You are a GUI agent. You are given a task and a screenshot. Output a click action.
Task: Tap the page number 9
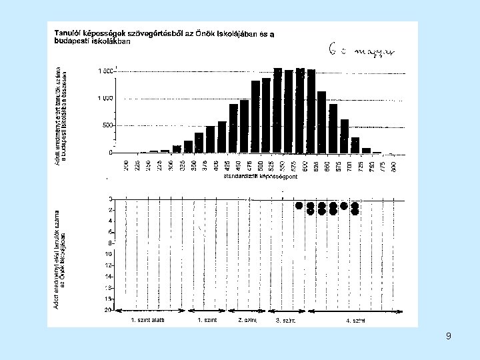449,336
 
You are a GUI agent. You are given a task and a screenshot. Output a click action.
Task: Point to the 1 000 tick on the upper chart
104,98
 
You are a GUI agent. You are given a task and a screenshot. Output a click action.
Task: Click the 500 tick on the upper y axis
107,125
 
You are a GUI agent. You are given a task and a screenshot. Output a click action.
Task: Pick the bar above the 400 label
222,137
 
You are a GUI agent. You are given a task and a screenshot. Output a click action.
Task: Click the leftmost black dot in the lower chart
299,205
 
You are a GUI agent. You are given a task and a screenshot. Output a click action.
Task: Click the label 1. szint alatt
147,320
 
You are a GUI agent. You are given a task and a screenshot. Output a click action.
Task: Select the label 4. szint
355,320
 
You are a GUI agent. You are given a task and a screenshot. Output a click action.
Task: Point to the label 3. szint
285,321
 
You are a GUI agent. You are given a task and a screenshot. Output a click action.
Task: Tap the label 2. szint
247,320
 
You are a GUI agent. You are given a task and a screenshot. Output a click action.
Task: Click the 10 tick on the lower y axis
108,254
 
